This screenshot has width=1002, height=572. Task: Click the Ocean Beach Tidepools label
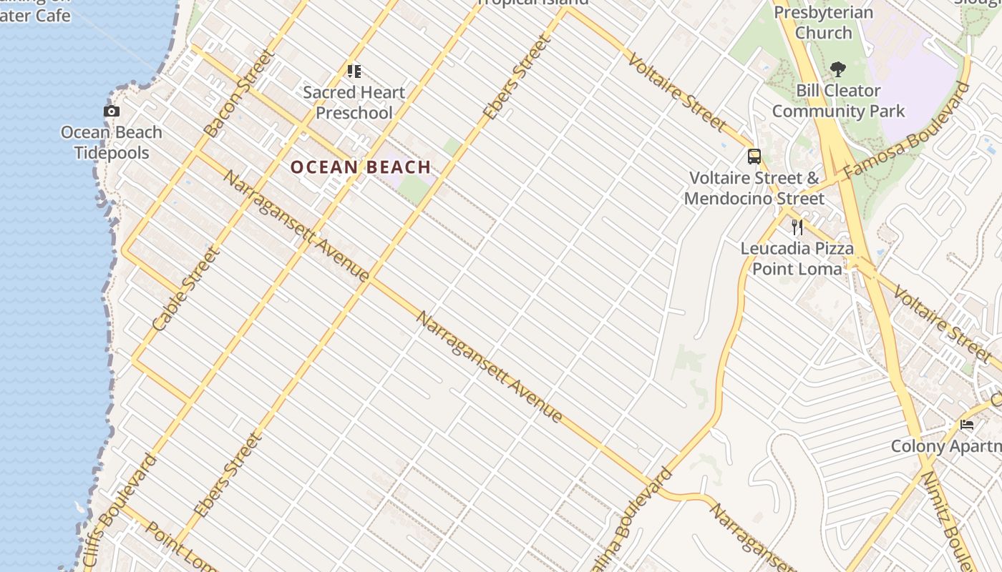click(x=111, y=142)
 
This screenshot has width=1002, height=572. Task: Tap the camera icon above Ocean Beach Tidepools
click(x=111, y=111)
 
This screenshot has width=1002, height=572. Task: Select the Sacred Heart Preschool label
click(x=354, y=102)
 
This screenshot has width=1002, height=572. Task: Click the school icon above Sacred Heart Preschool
click(x=354, y=71)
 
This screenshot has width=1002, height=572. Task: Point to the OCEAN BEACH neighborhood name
click(x=361, y=167)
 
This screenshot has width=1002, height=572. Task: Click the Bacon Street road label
click(x=239, y=93)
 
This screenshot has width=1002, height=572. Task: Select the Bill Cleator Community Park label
click(x=838, y=101)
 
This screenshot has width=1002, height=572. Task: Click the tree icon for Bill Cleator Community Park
click(x=838, y=69)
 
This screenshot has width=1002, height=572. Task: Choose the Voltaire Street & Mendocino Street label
click(x=754, y=188)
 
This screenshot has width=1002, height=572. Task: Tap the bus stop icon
click(x=754, y=157)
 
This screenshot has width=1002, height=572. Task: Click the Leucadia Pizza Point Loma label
click(x=797, y=258)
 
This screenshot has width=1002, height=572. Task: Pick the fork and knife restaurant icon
click(x=797, y=227)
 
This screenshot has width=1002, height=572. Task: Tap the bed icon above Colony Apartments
click(x=967, y=425)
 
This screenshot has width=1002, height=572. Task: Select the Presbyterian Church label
click(x=823, y=23)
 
